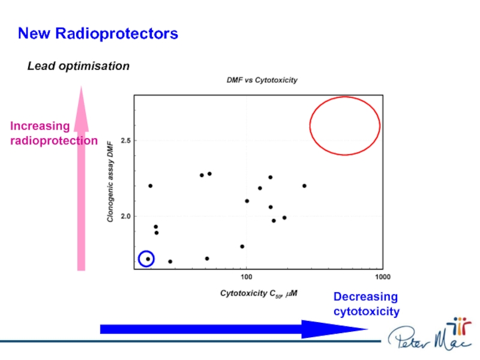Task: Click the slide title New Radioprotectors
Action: [98, 34]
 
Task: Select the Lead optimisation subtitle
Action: [79, 66]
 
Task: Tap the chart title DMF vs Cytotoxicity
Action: [261, 80]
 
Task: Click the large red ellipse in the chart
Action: [344, 125]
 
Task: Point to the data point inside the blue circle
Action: [148, 259]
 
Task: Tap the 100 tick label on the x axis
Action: [246, 277]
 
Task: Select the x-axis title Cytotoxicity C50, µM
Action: [259, 293]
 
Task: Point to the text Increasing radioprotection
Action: [53, 133]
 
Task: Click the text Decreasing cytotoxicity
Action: [366, 304]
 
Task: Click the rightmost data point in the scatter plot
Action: [304, 186]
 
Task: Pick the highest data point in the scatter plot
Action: [209, 174]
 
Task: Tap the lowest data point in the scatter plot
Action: [170, 262]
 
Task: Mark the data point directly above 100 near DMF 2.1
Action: [247, 201]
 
